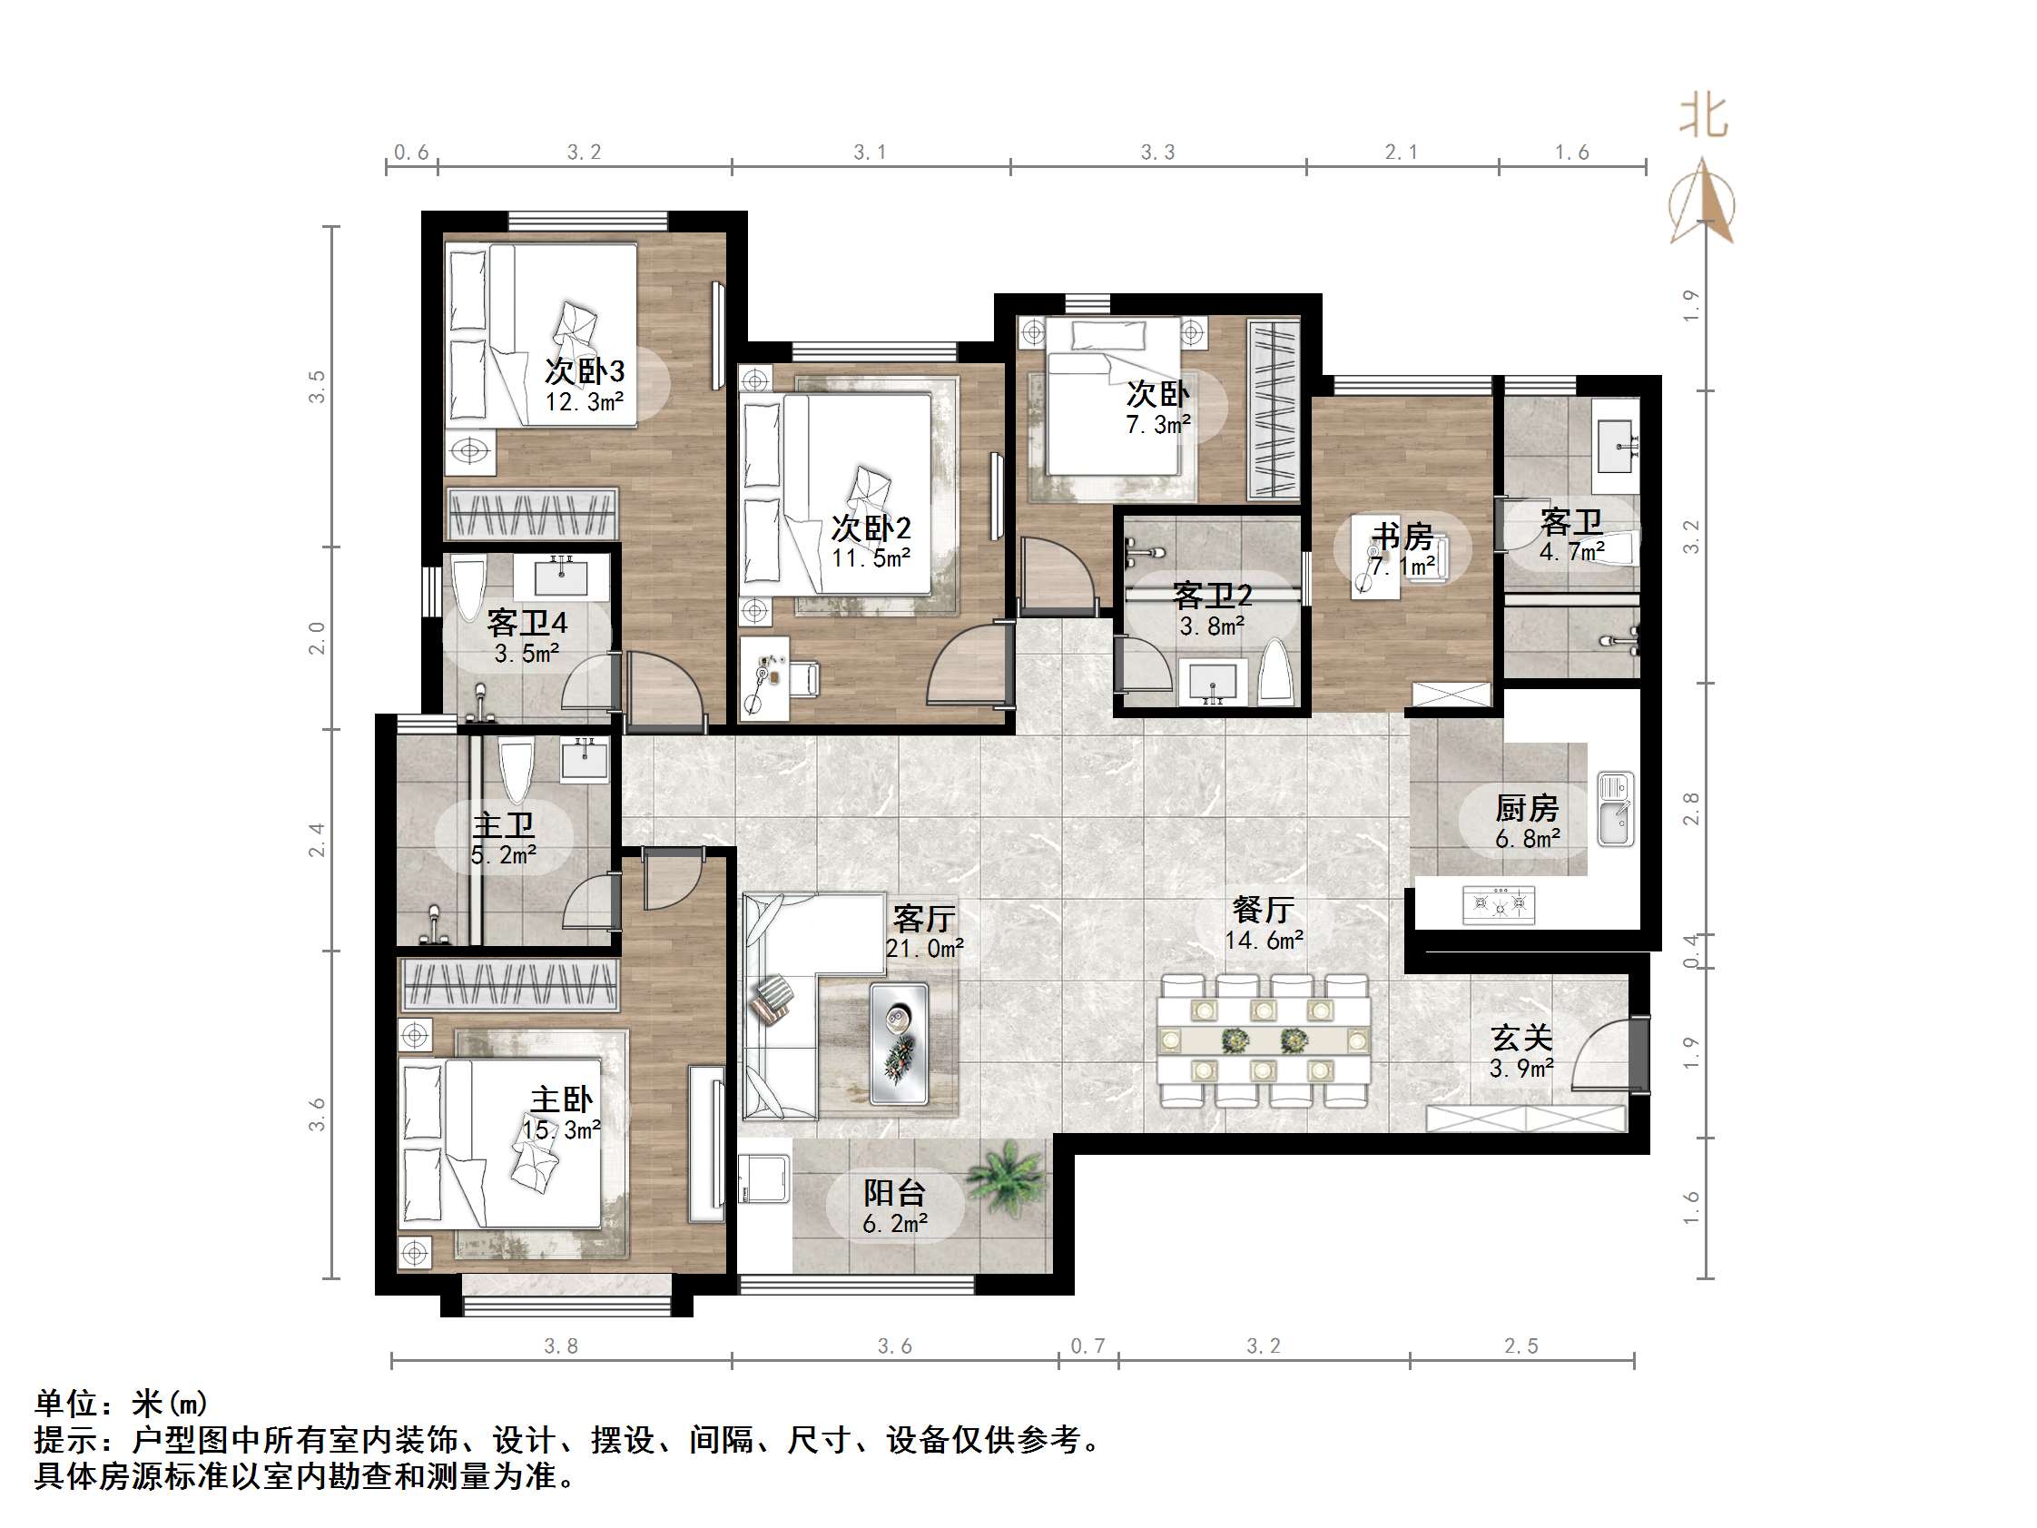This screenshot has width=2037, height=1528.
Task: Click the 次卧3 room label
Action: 584,371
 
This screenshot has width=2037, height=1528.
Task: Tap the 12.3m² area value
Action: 584,401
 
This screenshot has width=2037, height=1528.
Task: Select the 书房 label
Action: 1402,536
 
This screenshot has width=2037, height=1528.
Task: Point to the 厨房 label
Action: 1527,808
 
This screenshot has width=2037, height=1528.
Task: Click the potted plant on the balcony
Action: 1008,1179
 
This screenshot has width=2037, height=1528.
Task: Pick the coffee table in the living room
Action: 899,1043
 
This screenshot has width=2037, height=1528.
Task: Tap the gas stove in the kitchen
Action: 1500,903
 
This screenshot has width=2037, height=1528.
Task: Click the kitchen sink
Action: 1615,810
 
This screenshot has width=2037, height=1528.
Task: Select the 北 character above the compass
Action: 1704,118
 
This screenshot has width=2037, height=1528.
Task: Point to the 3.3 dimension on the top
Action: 1157,152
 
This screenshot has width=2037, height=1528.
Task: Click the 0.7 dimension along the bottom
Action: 1087,1346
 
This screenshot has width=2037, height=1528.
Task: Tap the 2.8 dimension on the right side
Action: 1691,809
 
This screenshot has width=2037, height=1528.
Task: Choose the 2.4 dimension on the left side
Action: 317,840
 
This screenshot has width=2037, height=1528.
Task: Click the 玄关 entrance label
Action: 1521,1038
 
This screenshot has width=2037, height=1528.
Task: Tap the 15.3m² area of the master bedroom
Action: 562,1129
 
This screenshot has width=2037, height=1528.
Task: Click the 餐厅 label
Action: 1263,910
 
